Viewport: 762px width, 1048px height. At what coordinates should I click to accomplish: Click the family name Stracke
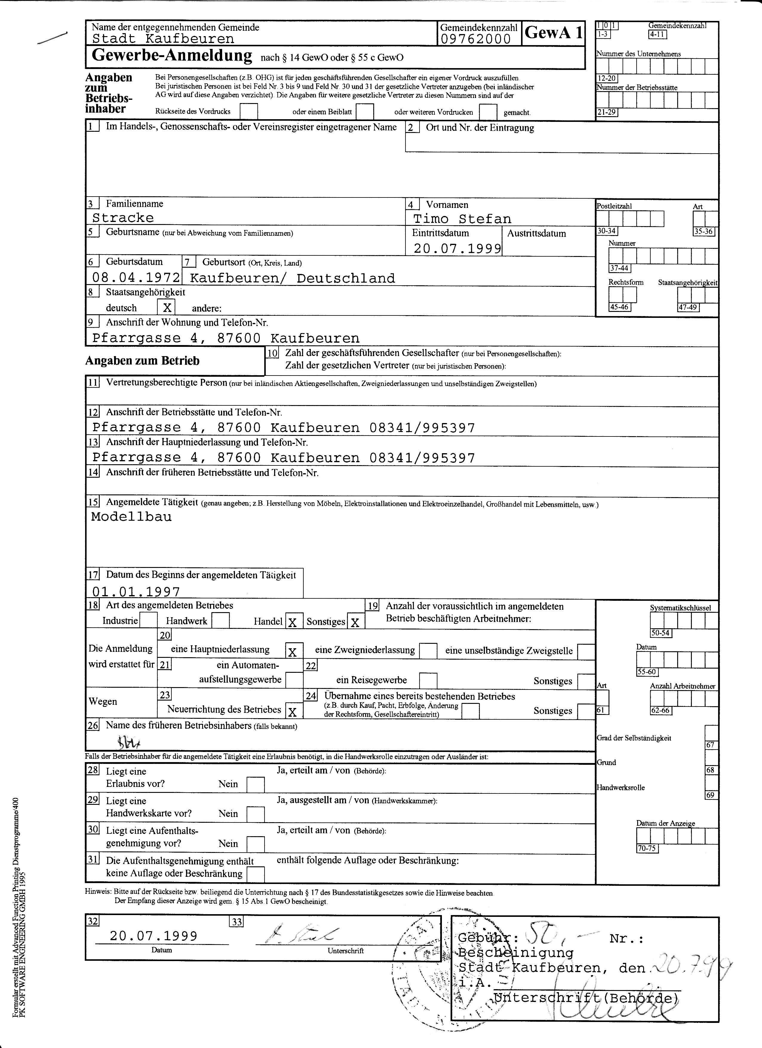coord(123,218)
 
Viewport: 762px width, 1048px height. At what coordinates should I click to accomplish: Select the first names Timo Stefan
coord(462,219)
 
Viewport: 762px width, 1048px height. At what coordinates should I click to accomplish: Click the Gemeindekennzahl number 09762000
coord(476,39)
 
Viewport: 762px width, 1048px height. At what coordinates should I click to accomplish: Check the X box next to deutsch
coord(167,307)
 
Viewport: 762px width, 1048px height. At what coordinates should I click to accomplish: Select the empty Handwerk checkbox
coord(221,620)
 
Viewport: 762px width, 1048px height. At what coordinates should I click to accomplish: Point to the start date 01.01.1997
coord(136,592)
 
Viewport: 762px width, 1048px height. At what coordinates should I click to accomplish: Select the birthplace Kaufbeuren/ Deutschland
coord(292,278)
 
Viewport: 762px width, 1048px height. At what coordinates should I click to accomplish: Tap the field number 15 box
coord(93,502)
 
